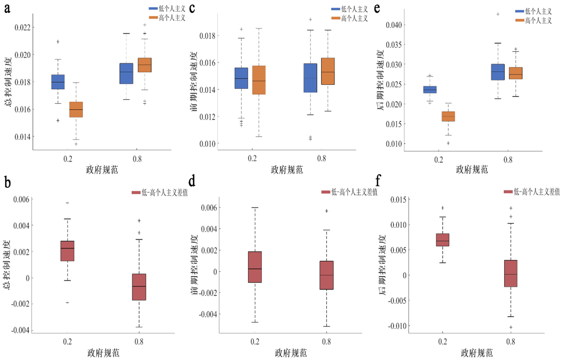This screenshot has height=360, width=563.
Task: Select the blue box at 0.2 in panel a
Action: [58, 82]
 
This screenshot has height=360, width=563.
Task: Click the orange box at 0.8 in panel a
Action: [145, 65]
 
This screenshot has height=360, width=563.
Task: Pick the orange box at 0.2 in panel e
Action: [449, 116]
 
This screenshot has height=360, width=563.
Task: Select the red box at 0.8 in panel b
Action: [139, 287]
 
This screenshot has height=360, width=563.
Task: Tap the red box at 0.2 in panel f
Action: [443, 240]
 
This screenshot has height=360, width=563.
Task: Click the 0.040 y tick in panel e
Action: [393, 25]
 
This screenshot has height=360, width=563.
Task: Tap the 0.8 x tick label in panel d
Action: [326, 342]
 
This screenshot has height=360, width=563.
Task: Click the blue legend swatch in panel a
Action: [153, 9]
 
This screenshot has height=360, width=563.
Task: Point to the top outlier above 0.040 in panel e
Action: [498, 14]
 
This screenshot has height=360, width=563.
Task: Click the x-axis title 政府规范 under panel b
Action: [102, 353]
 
